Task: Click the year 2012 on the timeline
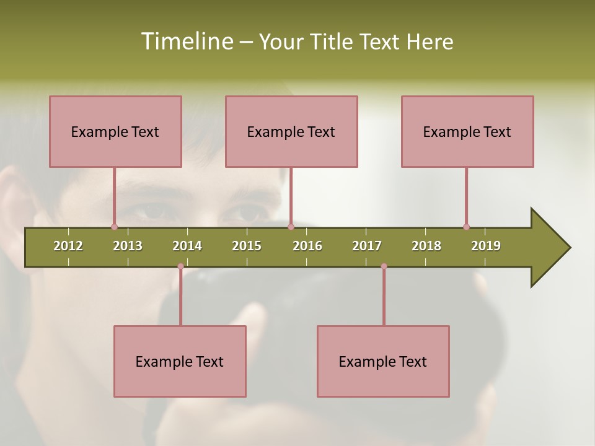click(x=68, y=246)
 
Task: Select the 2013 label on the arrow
click(x=128, y=246)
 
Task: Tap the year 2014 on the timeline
click(x=187, y=246)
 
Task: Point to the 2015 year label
click(x=247, y=246)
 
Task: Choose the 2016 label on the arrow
click(x=307, y=246)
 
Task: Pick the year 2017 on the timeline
click(x=367, y=246)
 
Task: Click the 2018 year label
click(x=426, y=246)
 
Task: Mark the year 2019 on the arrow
click(x=486, y=246)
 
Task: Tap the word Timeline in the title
click(x=186, y=42)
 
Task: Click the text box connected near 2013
click(x=115, y=131)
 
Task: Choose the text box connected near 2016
click(x=291, y=131)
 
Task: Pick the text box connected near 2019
click(x=467, y=131)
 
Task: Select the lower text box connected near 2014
click(x=180, y=361)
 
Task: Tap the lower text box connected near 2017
click(x=383, y=361)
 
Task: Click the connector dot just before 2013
click(x=114, y=227)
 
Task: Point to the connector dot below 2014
click(x=180, y=266)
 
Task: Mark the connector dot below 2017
click(x=384, y=266)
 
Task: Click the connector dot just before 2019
click(x=466, y=227)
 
